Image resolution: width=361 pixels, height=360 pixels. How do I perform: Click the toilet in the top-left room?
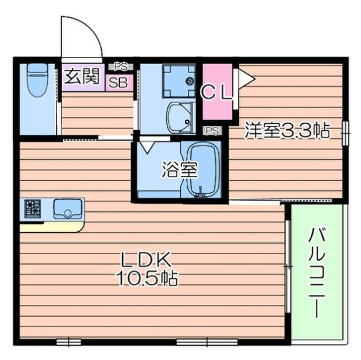click(x=37, y=79)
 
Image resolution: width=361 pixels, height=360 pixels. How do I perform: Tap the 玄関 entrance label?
click(x=82, y=76)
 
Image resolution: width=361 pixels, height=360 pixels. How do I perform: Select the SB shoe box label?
click(x=118, y=82)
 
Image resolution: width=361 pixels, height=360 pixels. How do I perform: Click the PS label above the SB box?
click(x=121, y=67)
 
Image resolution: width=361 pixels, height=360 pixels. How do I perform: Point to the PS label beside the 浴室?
click(x=213, y=131)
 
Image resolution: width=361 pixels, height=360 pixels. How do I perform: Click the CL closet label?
click(x=216, y=92)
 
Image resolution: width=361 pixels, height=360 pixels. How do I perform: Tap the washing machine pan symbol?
click(x=179, y=81)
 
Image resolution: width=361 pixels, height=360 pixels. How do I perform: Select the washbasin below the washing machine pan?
click(x=180, y=118)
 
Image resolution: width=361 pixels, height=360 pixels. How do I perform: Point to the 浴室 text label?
click(x=180, y=170)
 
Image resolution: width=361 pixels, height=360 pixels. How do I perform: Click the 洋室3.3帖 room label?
click(x=287, y=130)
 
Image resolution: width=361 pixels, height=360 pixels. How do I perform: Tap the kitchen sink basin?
click(x=68, y=209)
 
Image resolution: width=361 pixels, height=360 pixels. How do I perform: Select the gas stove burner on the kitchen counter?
click(x=33, y=209)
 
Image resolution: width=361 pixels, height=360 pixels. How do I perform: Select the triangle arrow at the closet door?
click(x=247, y=79)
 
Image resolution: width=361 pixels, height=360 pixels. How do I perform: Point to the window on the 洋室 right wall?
click(x=345, y=133)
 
